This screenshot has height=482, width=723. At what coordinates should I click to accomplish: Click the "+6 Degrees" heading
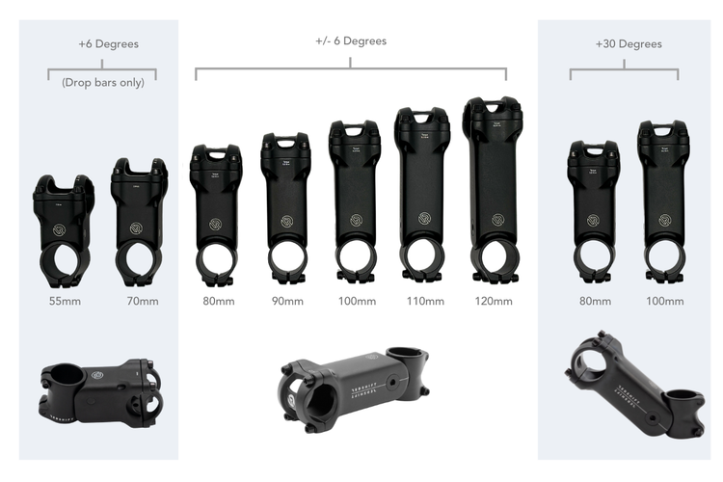coord(108,44)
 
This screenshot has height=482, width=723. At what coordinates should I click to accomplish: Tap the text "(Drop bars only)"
coord(103,82)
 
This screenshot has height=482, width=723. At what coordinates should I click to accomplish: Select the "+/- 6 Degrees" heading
coord(351,40)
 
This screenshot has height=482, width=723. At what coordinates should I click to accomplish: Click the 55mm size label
coord(66,302)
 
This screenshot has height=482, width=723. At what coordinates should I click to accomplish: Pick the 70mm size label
coord(142,302)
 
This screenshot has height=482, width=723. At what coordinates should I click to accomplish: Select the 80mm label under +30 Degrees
coord(594,302)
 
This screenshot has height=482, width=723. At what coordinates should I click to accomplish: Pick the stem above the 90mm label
coord(285,207)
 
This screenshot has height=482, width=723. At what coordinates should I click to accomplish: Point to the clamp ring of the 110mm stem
coord(420,257)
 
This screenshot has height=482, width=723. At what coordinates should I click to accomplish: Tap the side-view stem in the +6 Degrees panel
coord(101,389)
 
